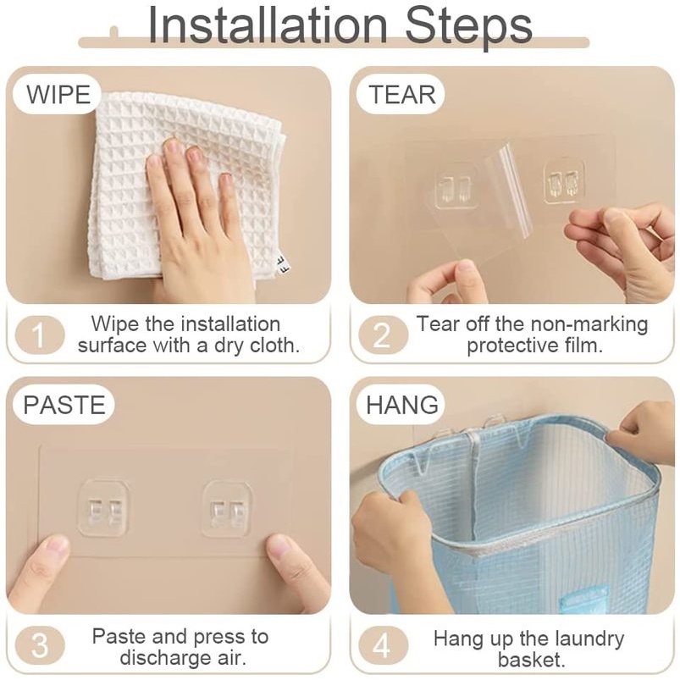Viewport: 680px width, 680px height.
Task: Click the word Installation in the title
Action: click(x=267, y=25)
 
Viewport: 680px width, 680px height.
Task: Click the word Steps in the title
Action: click(x=468, y=27)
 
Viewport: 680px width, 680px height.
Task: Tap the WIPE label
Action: click(x=58, y=95)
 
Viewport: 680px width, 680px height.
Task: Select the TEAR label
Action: click(x=401, y=95)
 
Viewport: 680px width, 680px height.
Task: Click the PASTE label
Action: click(x=64, y=405)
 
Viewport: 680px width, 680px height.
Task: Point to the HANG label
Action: click(x=402, y=405)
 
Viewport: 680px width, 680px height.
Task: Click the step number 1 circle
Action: click(x=40, y=334)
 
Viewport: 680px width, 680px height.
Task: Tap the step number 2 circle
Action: click(x=383, y=334)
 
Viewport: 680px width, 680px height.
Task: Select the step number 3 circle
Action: click(x=40, y=645)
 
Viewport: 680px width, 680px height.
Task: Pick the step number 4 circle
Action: click(x=383, y=645)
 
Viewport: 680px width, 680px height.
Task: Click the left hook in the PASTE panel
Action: click(x=103, y=508)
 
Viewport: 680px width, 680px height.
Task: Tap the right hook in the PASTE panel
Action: click(x=226, y=509)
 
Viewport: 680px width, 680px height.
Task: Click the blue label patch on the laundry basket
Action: click(x=583, y=600)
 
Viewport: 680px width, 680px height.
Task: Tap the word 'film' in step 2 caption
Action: click(x=583, y=346)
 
